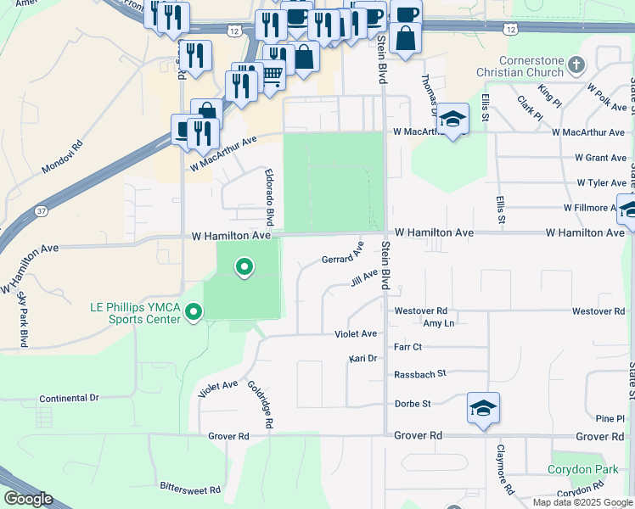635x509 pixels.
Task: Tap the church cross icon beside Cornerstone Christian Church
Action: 576,65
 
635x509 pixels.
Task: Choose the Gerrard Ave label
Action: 343,254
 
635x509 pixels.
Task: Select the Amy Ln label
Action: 438,324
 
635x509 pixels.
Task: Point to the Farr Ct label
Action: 408,347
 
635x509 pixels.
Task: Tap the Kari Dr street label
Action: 362,359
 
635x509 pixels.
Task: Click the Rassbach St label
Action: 420,374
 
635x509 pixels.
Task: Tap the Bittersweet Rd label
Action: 190,489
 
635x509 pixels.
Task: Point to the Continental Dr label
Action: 70,397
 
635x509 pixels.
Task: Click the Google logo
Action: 27,499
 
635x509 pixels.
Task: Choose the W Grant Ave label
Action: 599,158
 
